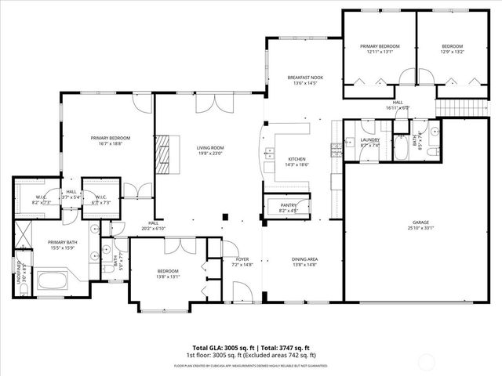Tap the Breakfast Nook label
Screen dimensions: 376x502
point(305,78)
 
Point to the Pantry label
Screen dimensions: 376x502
point(288,204)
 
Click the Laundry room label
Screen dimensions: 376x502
point(369,139)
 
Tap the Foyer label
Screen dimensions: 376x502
point(235,259)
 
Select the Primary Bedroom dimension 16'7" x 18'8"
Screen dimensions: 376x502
point(109,144)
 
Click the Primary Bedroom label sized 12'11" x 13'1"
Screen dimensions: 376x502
point(380,47)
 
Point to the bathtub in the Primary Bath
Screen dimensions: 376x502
point(52,280)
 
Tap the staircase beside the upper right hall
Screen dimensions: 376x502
point(450,109)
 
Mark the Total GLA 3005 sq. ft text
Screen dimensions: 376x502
point(221,347)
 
